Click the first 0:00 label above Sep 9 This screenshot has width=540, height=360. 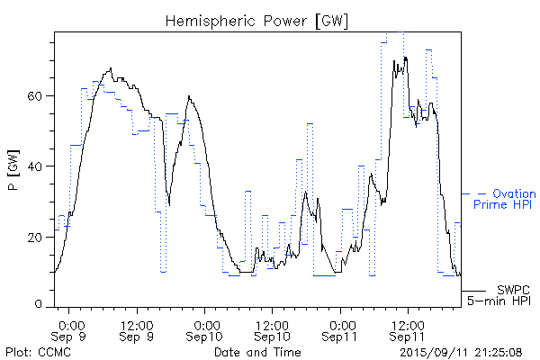click(71, 323)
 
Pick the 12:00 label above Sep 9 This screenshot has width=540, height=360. click(138, 323)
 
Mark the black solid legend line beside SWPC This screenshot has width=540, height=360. click(473, 290)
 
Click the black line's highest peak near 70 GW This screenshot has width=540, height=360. click(406, 58)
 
